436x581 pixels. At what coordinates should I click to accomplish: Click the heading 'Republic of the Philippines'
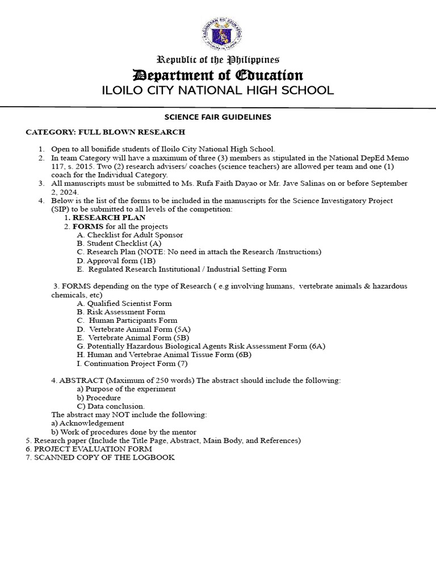coord(218,60)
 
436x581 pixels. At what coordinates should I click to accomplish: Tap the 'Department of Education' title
coord(218,75)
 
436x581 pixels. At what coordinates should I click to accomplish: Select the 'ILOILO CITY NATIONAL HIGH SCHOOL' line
coord(218,91)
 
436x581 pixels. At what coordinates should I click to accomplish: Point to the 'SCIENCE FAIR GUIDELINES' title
coord(218,117)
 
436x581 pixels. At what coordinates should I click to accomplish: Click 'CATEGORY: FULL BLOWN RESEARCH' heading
coord(105,132)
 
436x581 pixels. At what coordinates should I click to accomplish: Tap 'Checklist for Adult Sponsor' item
coord(130,235)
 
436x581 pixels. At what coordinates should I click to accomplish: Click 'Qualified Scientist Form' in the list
coord(124,304)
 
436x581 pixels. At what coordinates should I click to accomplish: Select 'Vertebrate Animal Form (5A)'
coord(131,329)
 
